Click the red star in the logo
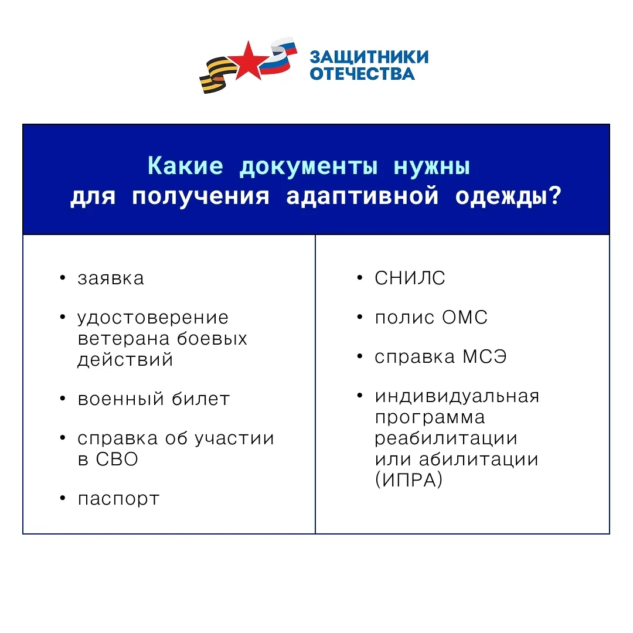click(x=248, y=62)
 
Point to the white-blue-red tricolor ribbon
click(x=278, y=56)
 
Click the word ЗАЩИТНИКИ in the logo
click(x=369, y=57)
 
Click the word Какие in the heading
click(x=185, y=165)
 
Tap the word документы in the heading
click(x=309, y=166)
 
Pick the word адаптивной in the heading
click(x=362, y=196)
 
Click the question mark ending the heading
click(x=556, y=195)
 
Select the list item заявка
click(x=111, y=278)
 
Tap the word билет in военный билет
click(x=200, y=399)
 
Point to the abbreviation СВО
click(x=117, y=460)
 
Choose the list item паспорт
click(x=118, y=499)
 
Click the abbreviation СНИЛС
click(x=410, y=278)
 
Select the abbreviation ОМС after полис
click(x=465, y=317)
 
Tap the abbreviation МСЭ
click(x=485, y=357)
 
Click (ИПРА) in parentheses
click(x=409, y=479)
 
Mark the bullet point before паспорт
click(x=63, y=498)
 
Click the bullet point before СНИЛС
click(x=360, y=277)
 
